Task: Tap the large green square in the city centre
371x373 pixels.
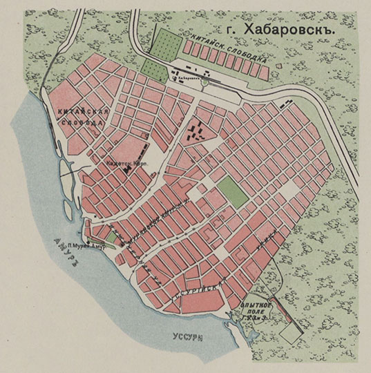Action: point(234,191)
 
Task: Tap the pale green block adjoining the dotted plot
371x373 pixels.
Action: point(152,66)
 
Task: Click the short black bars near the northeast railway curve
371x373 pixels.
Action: point(285,104)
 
